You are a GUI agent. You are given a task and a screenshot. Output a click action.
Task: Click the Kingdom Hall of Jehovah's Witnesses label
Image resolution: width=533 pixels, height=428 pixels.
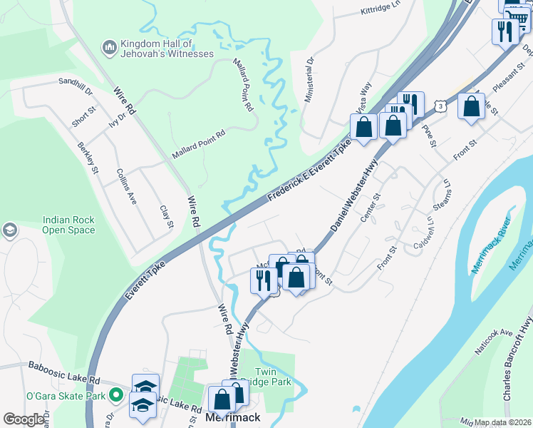coord(167,48)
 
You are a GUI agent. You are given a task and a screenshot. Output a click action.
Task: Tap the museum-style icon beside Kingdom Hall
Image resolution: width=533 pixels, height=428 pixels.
coord(109,47)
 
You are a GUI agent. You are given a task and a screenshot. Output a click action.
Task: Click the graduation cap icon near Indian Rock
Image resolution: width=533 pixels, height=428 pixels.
coord(10,230)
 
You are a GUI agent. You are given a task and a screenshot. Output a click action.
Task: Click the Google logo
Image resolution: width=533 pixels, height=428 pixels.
coord(24,419)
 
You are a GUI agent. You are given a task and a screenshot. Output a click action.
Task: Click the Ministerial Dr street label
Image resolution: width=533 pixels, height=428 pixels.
coord(309,81)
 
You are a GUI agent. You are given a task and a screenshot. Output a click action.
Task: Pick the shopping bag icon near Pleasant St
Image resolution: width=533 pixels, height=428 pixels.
coord(471,107)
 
